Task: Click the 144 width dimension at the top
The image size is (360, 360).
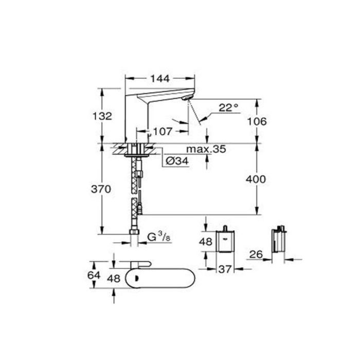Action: pos(160,79)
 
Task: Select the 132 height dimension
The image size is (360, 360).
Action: pos(102,116)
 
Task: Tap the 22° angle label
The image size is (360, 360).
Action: pos(228,107)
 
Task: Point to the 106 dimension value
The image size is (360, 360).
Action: pos(257,121)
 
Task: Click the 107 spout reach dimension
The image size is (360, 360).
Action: pos(163,132)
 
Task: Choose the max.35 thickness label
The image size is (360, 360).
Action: pos(206,149)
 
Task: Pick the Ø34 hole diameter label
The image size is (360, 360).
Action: pos(177,161)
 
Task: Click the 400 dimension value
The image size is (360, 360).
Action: pos(256,179)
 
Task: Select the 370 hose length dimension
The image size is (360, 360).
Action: pos(101,189)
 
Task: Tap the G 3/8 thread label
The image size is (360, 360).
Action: pos(159,237)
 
